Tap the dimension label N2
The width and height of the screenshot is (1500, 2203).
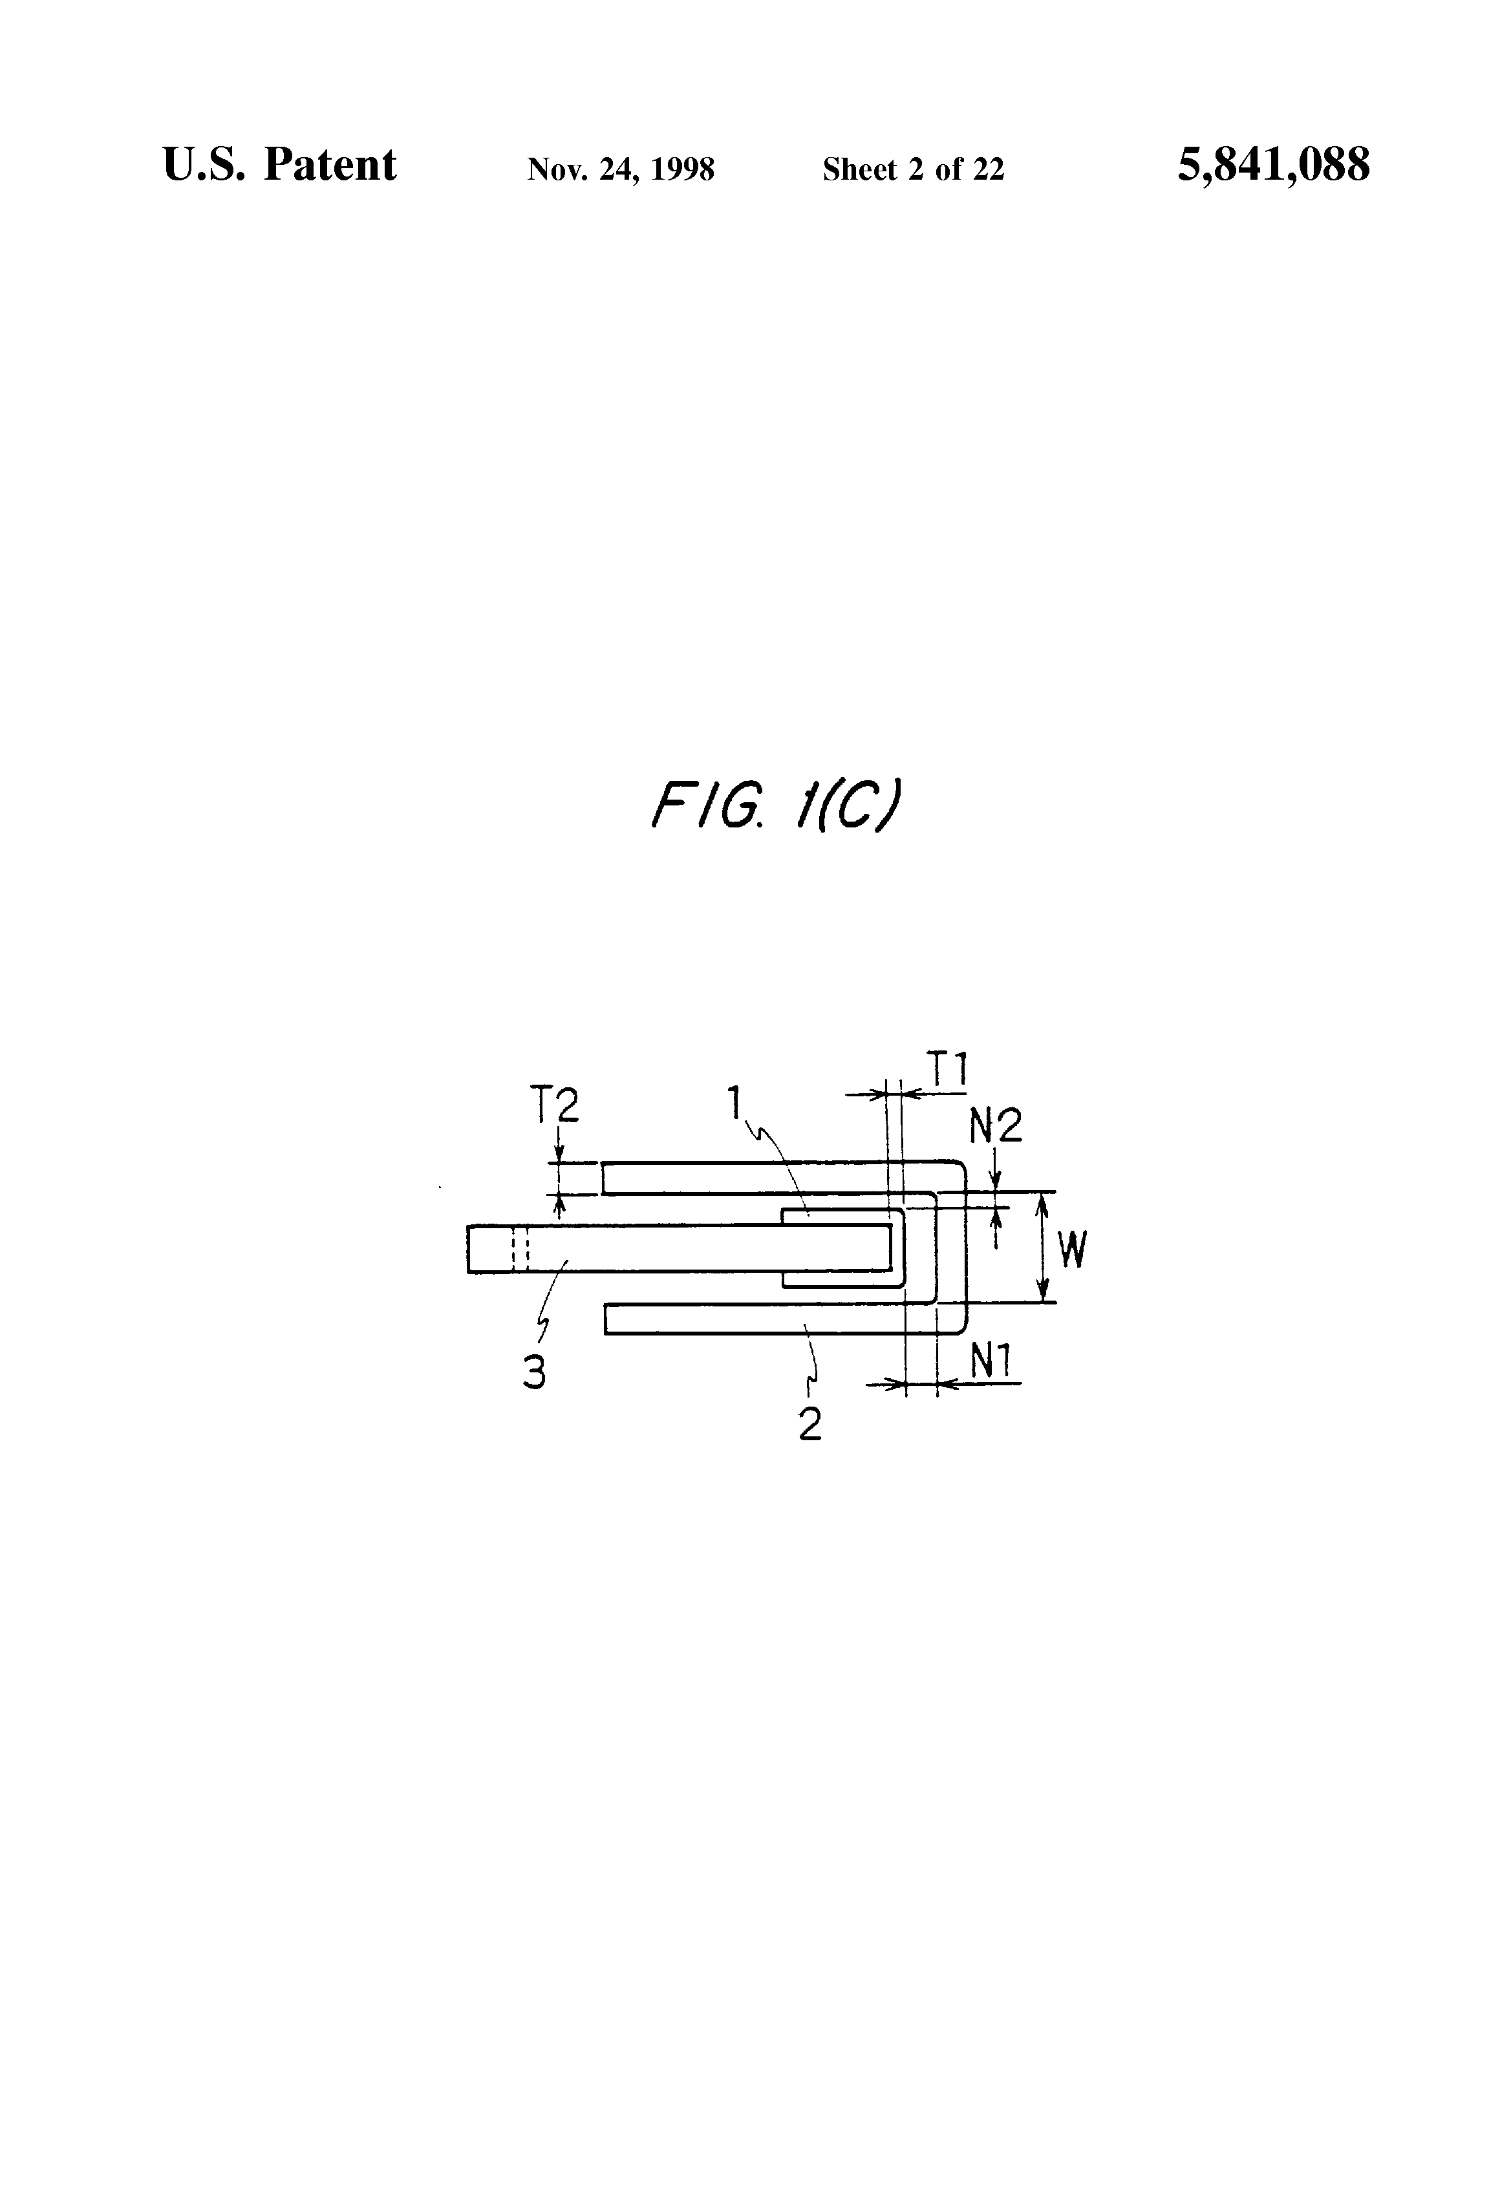(x=996, y=1126)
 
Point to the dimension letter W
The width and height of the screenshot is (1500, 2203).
(x=1071, y=1250)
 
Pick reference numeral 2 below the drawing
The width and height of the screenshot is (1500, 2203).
(x=809, y=1424)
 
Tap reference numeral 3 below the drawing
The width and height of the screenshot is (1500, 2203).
(x=535, y=1372)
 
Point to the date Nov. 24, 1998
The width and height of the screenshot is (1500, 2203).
(x=621, y=169)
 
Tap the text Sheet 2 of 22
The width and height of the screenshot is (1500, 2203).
(x=913, y=169)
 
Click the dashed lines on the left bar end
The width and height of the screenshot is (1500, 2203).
(x=520, y=1248)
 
